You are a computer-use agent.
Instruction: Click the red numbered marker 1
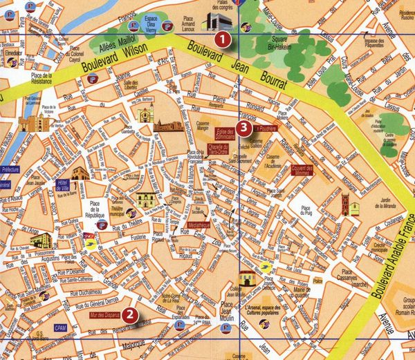click(x=222, y=39)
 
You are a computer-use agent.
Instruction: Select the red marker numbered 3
click(x=242, y=127)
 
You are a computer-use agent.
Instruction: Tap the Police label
click(x=317, y=281)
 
